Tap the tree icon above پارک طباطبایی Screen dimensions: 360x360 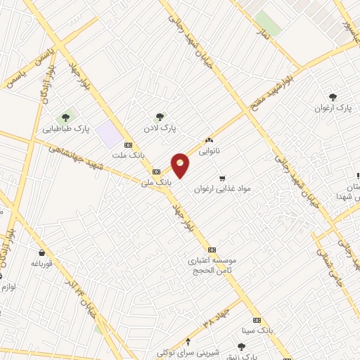(x=66, y=117)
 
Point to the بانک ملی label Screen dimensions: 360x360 (x=156, y=182)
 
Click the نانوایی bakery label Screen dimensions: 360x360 (x=209, y=150)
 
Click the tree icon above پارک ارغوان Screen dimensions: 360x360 (x=333, y=97)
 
